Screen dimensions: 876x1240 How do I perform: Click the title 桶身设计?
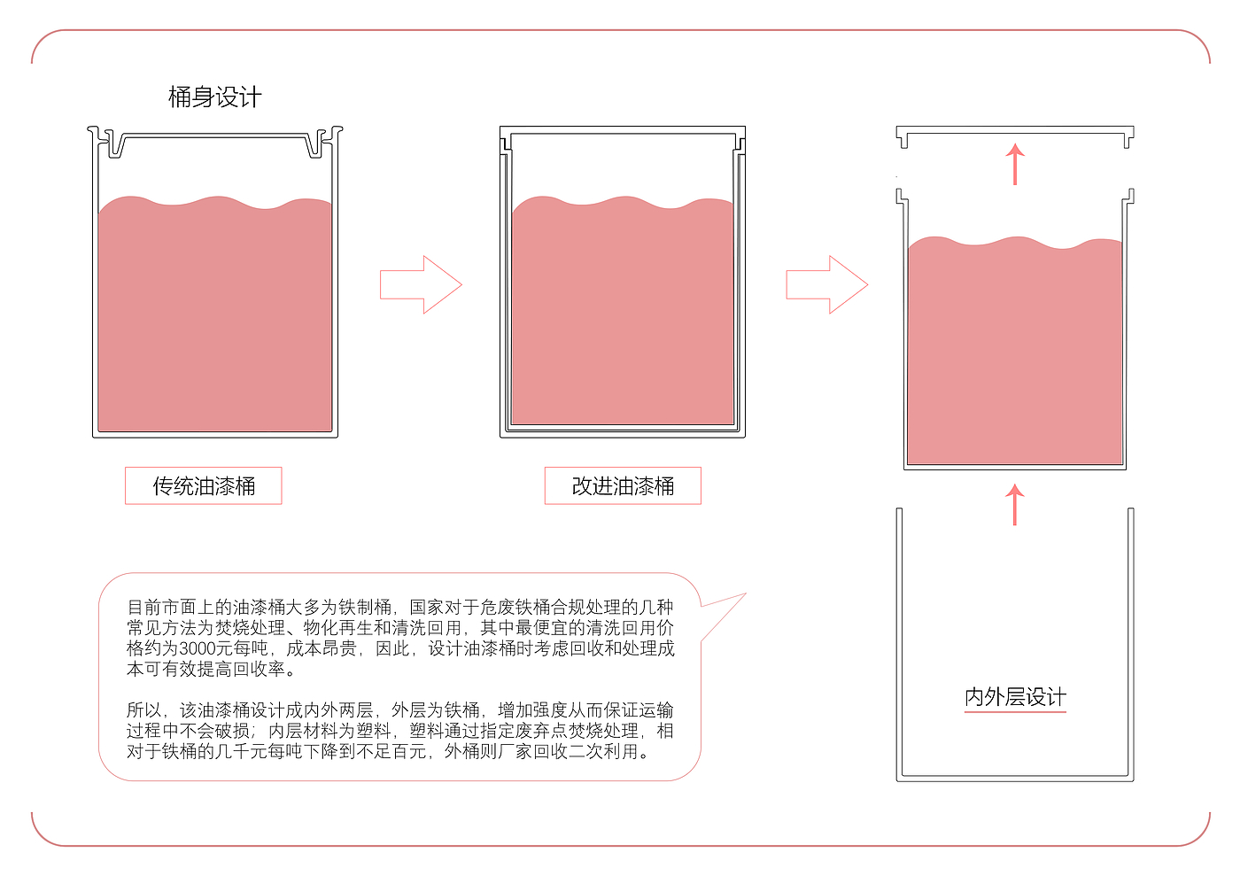click(x=215, y=97)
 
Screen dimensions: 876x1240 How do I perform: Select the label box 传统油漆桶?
click(x=204, y=486)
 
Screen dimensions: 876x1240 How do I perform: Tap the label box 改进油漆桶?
click(x=623, y=486)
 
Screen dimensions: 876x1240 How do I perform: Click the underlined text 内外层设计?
click(x=1015, y=697)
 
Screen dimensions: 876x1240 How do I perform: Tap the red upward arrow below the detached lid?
click(x=1015, y=164)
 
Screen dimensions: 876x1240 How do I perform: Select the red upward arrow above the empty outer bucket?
click(x=1015, y=504)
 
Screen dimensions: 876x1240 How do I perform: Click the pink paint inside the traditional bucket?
click(x=215, y=319)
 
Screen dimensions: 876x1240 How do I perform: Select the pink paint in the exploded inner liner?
click(x=1015, y=354)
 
